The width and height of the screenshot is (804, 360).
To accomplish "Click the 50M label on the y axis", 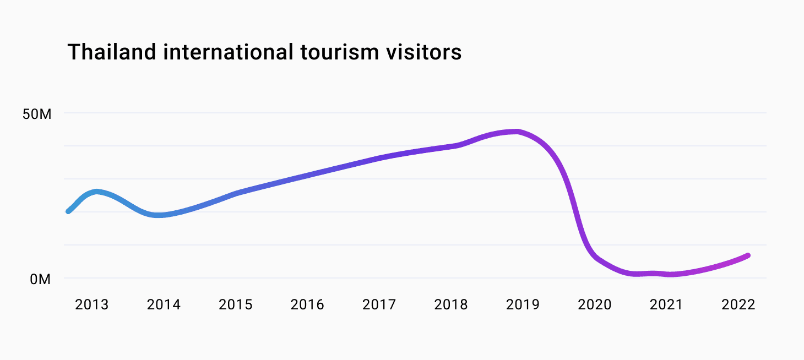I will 37,114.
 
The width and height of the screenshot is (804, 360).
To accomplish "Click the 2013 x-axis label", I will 92,304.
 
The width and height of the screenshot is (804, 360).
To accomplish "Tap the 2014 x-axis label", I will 164,304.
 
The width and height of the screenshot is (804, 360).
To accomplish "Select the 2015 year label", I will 236,304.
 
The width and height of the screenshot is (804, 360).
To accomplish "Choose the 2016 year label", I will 307,304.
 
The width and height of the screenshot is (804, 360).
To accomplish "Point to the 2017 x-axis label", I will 379,304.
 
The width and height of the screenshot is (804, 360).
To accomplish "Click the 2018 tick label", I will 451,304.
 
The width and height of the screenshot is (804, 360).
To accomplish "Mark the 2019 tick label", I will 523,304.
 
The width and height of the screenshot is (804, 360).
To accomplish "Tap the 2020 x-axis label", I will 595,304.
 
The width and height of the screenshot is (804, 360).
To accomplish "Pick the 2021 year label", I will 666,304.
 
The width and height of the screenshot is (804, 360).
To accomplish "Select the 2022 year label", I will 738,304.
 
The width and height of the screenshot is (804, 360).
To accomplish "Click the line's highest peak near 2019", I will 517,132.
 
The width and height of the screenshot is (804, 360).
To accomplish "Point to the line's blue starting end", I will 68,211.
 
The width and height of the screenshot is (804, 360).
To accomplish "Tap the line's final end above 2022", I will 747,255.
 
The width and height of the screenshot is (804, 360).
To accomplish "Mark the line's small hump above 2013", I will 97,192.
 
